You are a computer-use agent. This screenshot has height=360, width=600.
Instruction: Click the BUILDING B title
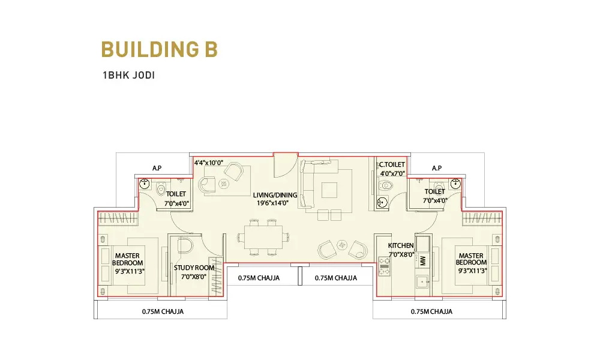click(x=160, y=49)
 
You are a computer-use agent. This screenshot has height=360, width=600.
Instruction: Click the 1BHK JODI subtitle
click(x=128, y=75)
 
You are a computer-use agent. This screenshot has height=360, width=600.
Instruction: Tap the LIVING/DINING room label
click(x=275, y=195)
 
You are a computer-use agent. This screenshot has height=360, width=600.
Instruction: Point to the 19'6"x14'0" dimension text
click(x=272, y=203)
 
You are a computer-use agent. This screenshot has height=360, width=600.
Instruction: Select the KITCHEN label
click(x=401, y=245)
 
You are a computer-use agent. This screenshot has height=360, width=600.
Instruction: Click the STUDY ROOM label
click(x=194, y=268)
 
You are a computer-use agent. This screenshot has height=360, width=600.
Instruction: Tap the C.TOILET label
click(x=392, y=164)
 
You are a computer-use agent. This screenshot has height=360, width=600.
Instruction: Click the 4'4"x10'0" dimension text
click(x=209, y=163)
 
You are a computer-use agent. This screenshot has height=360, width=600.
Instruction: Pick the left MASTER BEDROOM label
click(x=127, y=259)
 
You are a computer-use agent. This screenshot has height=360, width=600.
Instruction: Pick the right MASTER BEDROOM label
click(x=471, y=259)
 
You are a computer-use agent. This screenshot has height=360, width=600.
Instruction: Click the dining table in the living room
click(x=263, y=237)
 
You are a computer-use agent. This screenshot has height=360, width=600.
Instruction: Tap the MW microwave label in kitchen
click(x=423, y=260)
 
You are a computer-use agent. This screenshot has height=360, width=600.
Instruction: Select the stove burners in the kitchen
click(x=384, y=266)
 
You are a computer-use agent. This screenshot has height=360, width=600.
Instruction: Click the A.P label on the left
click(x=157, y=168)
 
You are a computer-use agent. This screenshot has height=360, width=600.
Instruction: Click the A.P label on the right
click(x=437, y=168)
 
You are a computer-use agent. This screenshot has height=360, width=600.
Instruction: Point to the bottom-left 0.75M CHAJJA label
click(x=163, y=312)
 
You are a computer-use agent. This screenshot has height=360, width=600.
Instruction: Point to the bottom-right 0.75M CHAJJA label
click(x=431, y=312)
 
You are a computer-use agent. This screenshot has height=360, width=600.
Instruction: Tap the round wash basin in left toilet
click(x=144, y=184)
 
